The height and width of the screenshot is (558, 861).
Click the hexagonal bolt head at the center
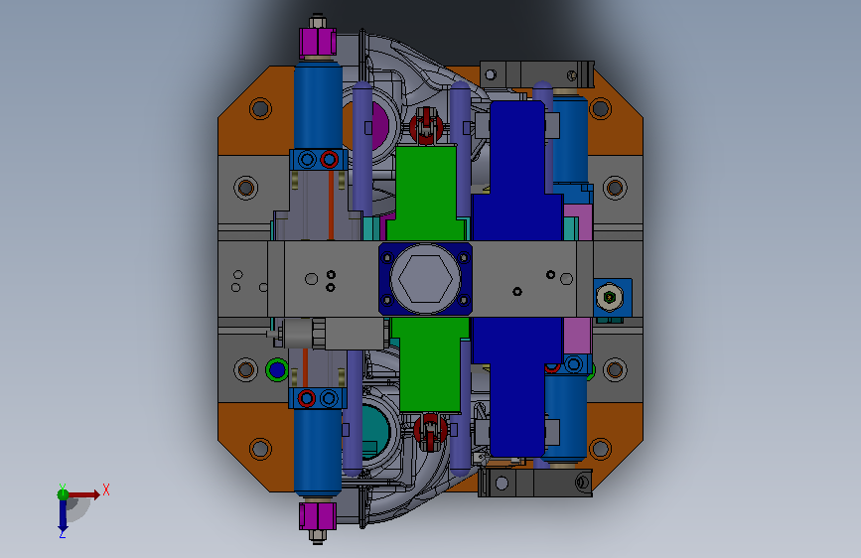426,279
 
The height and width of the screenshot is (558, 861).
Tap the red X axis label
106,489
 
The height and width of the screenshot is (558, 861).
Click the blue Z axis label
62,533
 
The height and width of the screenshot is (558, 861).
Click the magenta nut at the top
318,42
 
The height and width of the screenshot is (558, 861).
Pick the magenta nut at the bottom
318,516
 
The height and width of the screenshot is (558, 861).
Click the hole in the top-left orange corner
260,109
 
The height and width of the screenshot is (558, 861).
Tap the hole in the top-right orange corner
600,109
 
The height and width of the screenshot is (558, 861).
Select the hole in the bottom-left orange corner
260,449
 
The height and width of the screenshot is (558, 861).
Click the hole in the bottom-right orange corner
600,449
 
